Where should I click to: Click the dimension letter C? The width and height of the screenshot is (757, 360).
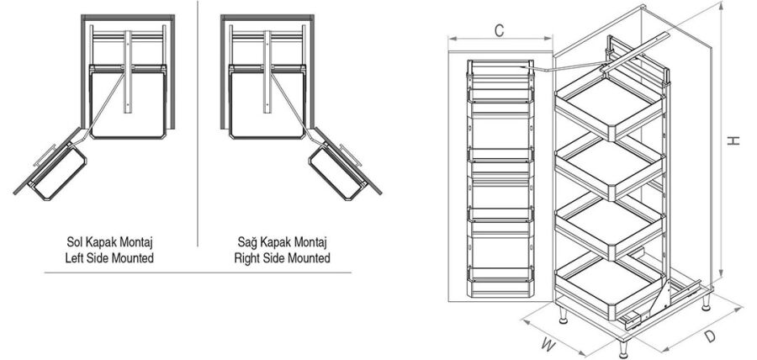click(x=499, y=31)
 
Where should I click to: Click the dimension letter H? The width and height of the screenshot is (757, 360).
click(x=733, y=140)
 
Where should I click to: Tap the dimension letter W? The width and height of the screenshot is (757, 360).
click(x=548, y=344)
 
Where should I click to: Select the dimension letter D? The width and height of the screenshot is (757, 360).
click(x=709, y=336)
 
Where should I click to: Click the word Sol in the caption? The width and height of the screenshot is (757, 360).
click(x=76, y=241)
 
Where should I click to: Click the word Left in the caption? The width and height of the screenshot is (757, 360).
click(x=77, y=258)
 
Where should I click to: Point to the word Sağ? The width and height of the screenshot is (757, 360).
click(x=246, y=241)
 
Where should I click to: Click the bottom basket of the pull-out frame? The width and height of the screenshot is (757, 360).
click(x=611, y=284)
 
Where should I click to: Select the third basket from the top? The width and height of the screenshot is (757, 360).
click(x=611, y=227)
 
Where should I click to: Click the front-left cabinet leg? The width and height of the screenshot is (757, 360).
click(x=563, y=315)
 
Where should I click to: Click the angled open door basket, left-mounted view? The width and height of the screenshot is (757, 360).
click(x=58, y=172)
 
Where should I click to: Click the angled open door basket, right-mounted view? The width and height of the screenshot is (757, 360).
click(x=337, y=172)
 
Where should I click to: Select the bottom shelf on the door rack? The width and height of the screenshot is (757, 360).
click(x=500, y=275)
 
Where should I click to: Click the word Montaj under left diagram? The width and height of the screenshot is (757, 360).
click(x=138, y=241)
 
